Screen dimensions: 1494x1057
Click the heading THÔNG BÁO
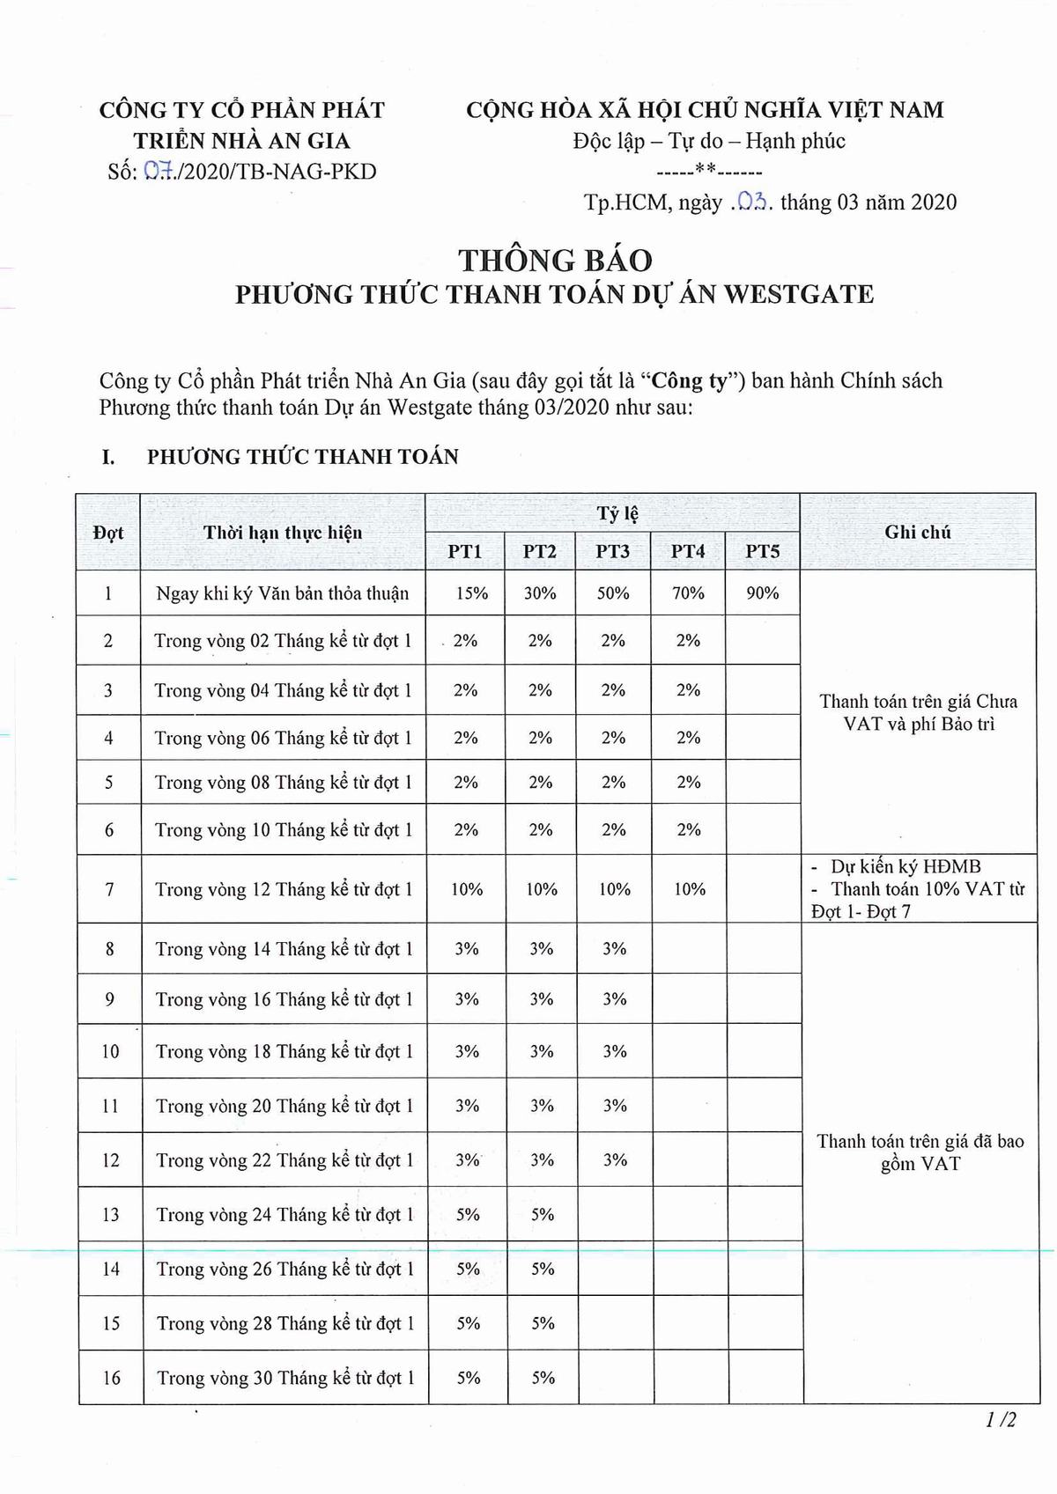point(555,261)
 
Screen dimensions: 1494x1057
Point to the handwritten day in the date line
point(750,202)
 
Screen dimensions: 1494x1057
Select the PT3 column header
point(612,552)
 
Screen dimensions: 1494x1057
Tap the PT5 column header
point(763,552)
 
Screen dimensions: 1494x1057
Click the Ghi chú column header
point(918,532)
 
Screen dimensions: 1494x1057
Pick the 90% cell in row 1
point(763,593)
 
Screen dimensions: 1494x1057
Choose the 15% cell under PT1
point(471,593)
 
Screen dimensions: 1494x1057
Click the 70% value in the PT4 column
point(688,593)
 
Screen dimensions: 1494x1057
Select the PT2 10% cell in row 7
point(541,889)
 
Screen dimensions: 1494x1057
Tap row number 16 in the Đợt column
point(111,1378)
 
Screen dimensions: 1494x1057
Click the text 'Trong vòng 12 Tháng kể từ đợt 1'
point(284,889)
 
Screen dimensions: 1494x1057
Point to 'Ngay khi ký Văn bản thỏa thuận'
point(282,593)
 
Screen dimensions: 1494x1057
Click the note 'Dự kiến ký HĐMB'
point(905,866)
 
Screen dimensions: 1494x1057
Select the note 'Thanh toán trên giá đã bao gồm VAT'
point(920,1152)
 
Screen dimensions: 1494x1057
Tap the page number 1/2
point(1002,1419)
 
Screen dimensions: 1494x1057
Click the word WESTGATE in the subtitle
point(799,294)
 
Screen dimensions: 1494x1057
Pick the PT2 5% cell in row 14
point(543,1269)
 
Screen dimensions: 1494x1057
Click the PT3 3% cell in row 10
point(615,1051)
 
